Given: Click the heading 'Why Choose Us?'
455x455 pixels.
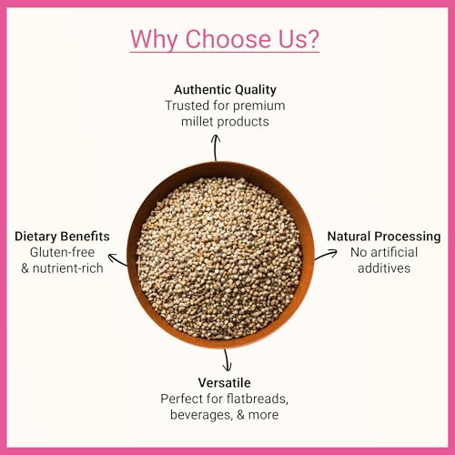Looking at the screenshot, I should coord(224,39).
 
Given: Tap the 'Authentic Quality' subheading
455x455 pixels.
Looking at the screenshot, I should coord(225,89).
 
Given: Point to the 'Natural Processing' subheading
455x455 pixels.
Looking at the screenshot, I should coord(384,237).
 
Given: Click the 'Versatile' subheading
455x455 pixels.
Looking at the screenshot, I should coord(224,382).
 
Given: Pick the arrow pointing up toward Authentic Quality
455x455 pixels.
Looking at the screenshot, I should coord(216,147).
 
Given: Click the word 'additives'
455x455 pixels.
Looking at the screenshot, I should coord(384,268).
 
